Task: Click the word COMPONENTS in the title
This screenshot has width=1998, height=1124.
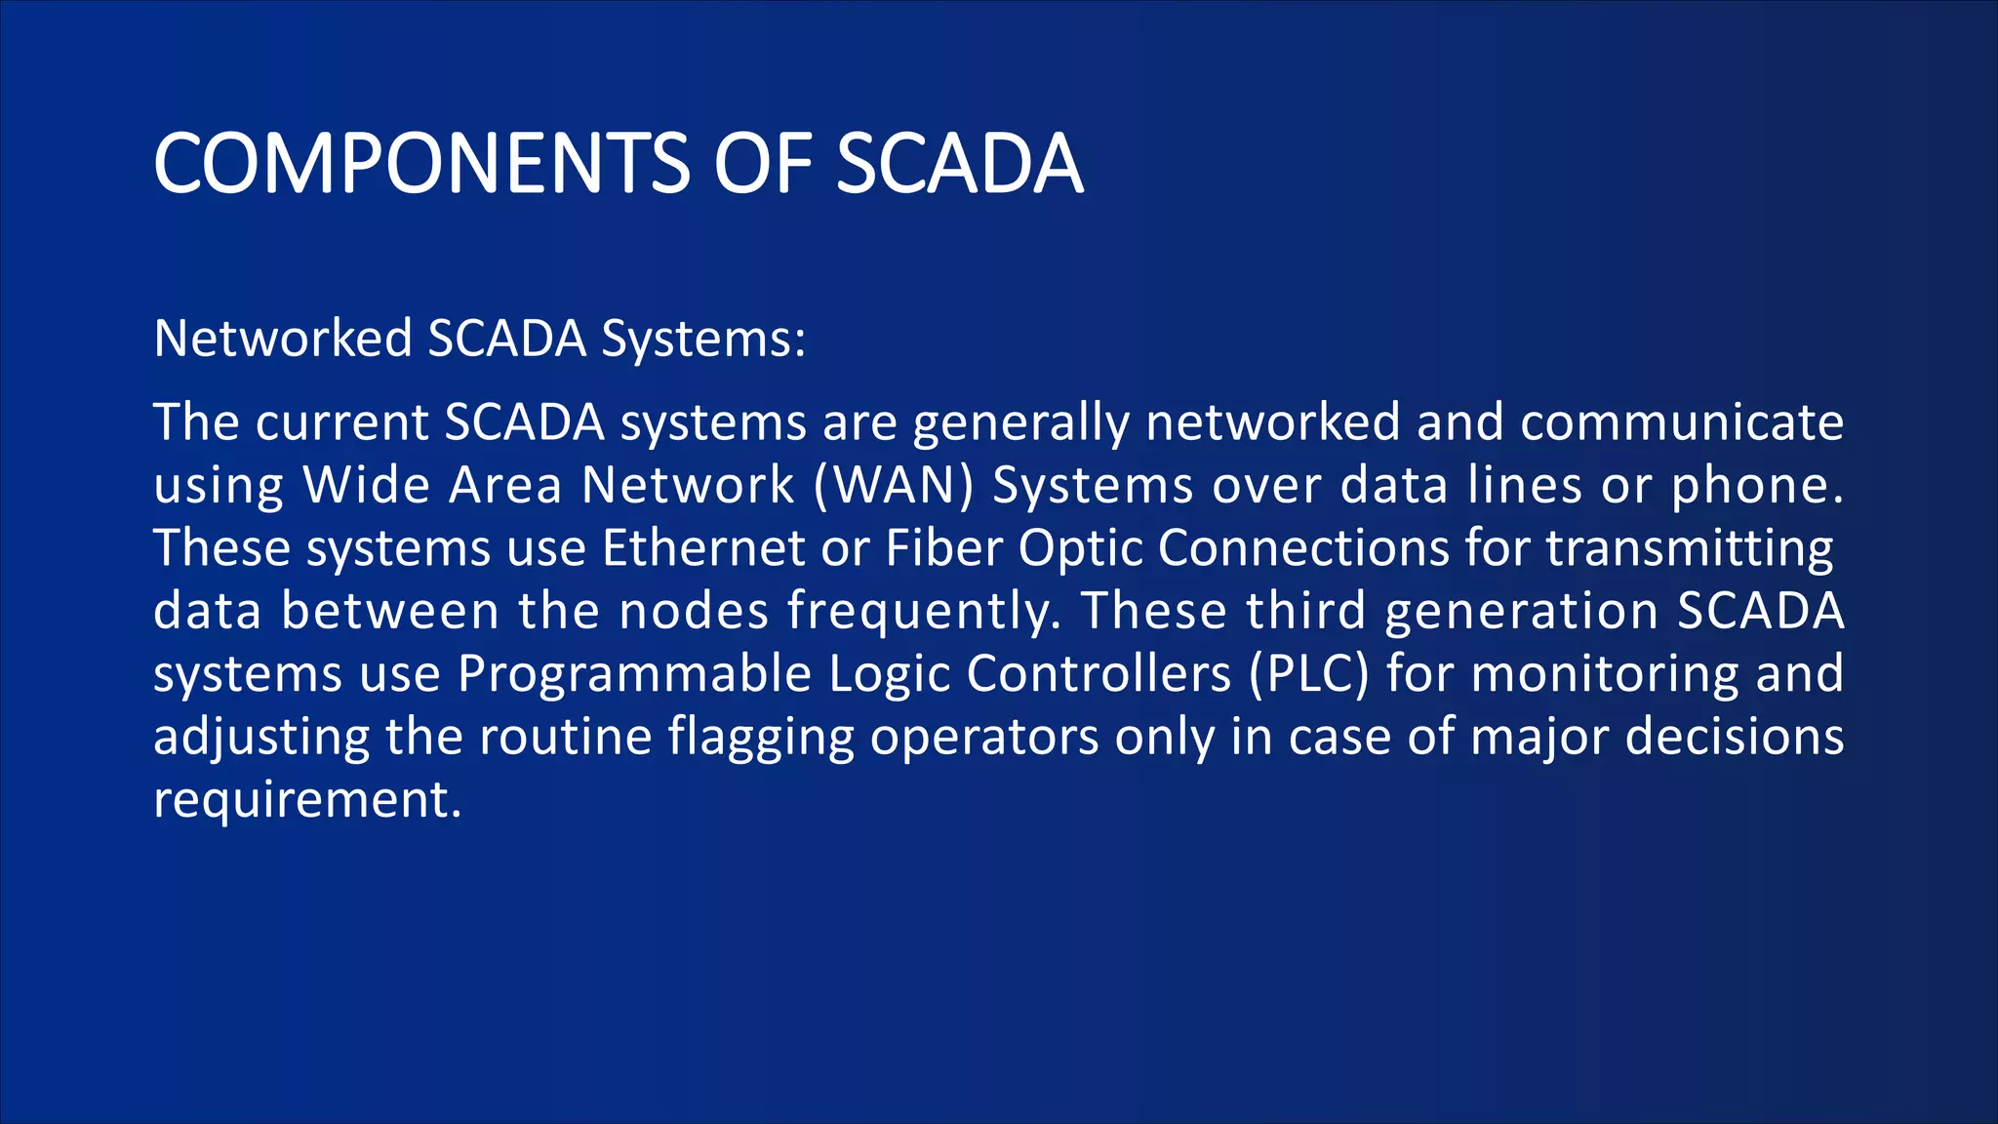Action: [x=421, y=164]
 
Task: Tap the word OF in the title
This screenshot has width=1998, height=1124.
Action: [x=763, y=164]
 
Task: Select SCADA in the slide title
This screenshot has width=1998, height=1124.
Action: [x=959, y=164]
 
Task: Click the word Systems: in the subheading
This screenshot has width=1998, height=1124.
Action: [x=703, y=340]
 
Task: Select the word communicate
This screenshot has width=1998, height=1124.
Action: [x=1682, y=422]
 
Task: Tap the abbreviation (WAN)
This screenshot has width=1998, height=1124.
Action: [x=894, y=486]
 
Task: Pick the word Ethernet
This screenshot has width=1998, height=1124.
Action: [x=702, y=548]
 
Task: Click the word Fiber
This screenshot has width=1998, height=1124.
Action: [x=943, y=548]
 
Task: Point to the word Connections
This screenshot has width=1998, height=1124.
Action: [x=1303, y=548]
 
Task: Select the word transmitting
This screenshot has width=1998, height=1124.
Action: [x=1690, y=549]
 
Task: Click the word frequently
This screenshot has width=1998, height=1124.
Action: [x=924, y=613]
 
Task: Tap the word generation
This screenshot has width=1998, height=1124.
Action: [x=1521, y=613]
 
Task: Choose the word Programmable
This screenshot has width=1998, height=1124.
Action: [x=634, y=675]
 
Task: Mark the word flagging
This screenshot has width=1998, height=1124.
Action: [x=761, y=739]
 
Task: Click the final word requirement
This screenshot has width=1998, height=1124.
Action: [x=306, y=801]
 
